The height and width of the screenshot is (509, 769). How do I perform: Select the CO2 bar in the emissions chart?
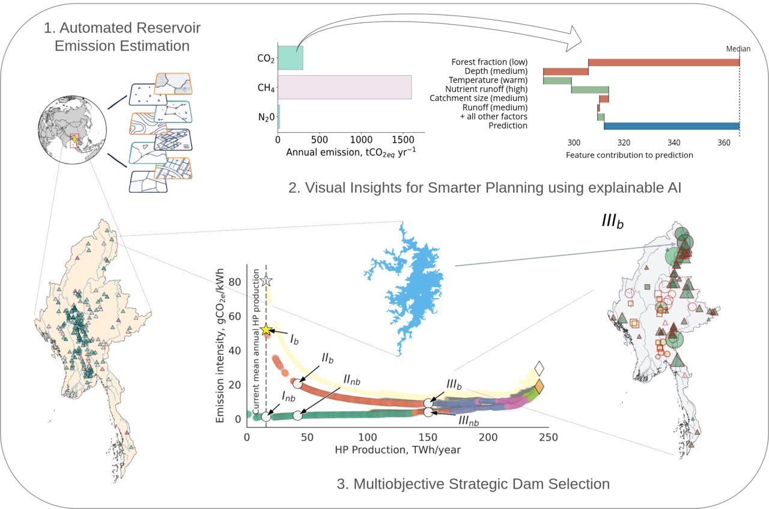click(290, 58)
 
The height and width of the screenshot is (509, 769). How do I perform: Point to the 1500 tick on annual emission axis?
click(401, 138)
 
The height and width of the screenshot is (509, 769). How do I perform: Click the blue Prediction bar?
click(671, 126)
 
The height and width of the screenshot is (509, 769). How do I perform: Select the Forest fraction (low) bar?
click(663, 62)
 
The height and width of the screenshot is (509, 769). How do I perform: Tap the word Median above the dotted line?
click(738, 49)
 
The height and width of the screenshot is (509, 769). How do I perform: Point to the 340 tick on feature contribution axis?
click(673, 143)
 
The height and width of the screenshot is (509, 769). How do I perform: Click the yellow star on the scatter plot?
click(266, 330)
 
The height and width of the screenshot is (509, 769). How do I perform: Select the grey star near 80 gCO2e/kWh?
click(266, 281)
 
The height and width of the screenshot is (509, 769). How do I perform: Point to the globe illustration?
click(72, 130)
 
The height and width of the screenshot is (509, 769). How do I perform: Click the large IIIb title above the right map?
click(612, 220)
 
